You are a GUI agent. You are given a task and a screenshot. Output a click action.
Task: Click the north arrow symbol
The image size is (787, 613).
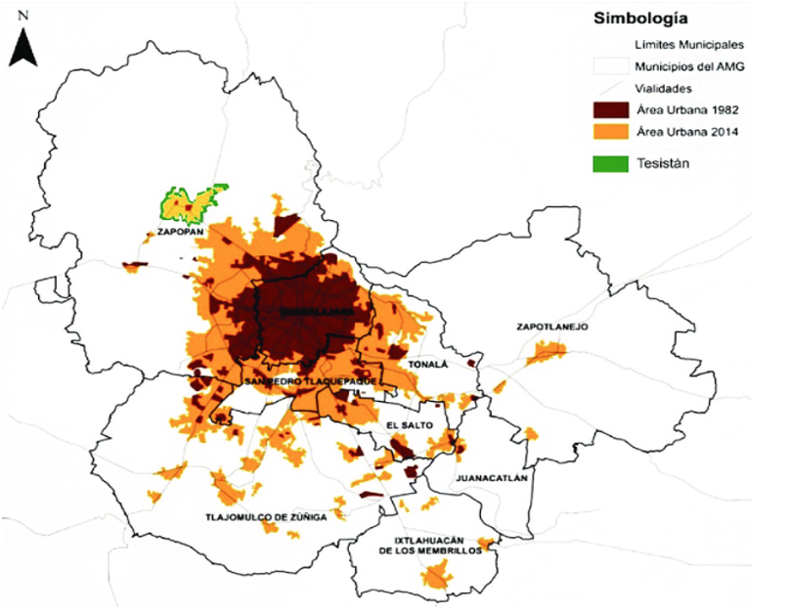coord(23,46)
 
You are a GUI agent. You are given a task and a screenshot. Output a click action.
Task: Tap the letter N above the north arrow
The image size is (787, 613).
coord(23,17)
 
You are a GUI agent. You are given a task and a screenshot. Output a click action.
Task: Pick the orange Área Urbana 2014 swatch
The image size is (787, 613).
coord(613,134)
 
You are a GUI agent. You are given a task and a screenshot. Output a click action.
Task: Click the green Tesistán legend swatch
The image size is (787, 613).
coord(613,163)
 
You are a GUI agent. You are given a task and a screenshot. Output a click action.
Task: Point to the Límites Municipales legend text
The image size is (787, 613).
coord(691,45)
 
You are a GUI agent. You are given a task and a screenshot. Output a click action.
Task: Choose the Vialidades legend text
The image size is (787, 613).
coord(663,88)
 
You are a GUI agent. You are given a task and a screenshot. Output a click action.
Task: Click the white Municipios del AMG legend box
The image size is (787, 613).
coord(613,66)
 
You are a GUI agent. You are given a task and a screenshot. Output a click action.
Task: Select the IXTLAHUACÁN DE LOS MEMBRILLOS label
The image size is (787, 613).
coord(432,545)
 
